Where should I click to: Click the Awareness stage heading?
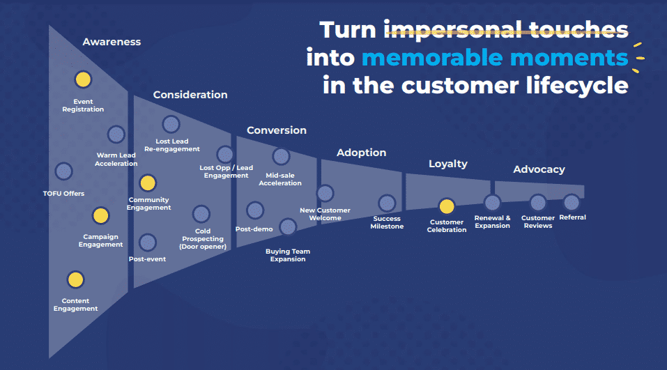tap(112, 42)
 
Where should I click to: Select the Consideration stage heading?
tap(190, 95)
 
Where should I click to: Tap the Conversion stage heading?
tap(276, 130)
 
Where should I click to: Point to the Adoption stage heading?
tap(361, 153)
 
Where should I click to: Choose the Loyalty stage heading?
tap(447, 164)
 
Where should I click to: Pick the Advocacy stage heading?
tap(539, 169)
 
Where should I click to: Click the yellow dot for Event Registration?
tap(83, 80)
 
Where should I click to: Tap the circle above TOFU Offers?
tap(63, 171)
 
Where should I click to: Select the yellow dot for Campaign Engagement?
tap(100, 216)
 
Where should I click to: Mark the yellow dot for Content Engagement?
tap(75, 280)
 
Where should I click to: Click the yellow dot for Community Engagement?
tap(147, 183)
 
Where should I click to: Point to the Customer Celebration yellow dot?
tap(447, 206)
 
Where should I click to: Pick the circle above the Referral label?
tap(572, 202)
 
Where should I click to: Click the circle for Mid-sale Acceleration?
tap(281, 156)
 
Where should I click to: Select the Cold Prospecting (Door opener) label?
tap(203, 239)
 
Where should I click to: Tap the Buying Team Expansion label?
tap(288, 255)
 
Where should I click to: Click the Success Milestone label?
tap(387, 222)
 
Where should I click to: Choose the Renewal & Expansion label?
tap(492, 222)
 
